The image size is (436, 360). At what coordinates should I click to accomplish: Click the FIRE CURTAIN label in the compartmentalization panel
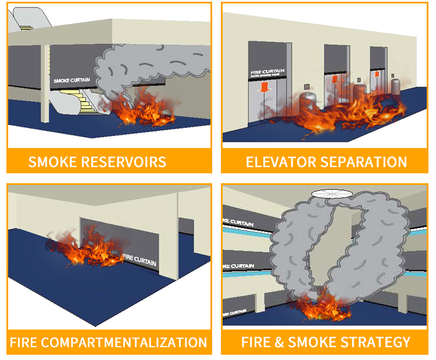pyautogui.click(x=140, y=260)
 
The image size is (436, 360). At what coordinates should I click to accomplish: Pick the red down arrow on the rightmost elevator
pyautogui.click(x=377, y=74)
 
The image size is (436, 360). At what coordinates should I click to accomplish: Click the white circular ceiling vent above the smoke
pyautogui.click(x=331, y=194)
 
